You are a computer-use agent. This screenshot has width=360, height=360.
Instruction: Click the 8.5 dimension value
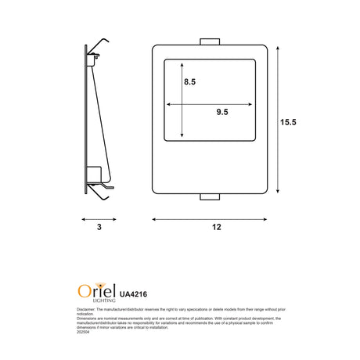tap(190, 81)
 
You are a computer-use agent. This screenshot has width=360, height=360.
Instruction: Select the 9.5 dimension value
tap(221, 113)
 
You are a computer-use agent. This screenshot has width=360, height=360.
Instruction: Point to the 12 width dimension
tap(216, 227)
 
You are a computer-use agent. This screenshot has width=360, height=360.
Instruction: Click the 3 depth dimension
tap(99, 227)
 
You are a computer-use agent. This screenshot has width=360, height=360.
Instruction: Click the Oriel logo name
tap(95, 291)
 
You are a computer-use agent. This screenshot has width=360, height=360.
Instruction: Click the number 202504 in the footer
tap(84, 333)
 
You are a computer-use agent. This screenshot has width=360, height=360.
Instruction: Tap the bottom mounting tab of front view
tap(211, 196)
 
